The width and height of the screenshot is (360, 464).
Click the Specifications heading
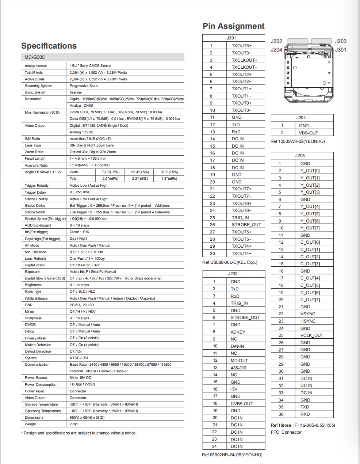tap(49, 46)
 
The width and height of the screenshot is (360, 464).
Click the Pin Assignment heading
tap(234, 26)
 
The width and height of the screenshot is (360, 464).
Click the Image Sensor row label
tap(36, 66)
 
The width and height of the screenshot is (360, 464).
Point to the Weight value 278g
tap(74, 424)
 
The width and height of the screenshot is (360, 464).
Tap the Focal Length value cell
tap(88, 159)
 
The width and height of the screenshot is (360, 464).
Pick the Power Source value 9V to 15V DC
tap(81, 378)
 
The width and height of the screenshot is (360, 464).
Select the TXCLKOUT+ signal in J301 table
tap(245, 60)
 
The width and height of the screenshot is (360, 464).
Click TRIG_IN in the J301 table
tap(240, 218)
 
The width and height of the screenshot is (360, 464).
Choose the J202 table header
tap(233, 274)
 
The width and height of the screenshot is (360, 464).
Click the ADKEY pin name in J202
tap(238, 332)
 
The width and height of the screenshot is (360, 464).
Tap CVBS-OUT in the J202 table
tap(242, 404)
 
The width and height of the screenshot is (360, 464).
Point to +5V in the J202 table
tap(233, 389)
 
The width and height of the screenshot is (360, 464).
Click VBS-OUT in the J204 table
tap(309, 133)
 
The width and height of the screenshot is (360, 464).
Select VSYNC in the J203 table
tap(308, 314)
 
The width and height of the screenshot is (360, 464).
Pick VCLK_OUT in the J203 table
tap(312, 335)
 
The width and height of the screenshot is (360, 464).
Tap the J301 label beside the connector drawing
tap(341, 50)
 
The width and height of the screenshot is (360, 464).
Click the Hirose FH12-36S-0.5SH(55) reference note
tap(303, 425)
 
